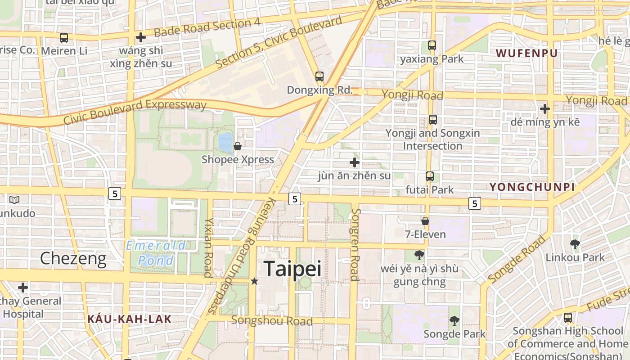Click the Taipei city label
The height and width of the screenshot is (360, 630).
tap(292, 269)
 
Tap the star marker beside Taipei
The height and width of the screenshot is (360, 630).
tap(254, 281)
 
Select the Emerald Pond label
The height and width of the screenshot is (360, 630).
tap(156, 253)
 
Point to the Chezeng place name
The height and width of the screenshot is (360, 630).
tap(73, 259)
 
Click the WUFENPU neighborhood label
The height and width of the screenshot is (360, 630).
tap(526, 53)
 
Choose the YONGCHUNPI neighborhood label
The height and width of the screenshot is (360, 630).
tap(532, 187)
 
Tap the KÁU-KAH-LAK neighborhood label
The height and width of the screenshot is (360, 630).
tap(129, 319)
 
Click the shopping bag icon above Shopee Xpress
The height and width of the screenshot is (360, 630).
tap(238, 146)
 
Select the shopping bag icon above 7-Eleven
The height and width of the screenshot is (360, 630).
tap(425, 221)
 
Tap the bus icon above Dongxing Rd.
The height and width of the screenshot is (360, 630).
tap(319, 76)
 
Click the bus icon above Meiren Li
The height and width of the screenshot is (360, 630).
tap(64, 38)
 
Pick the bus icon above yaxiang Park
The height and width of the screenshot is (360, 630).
tap(432, 45)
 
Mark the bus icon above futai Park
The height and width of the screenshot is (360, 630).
tap(430, 176)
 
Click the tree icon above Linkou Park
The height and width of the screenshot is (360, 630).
tap(575, 244)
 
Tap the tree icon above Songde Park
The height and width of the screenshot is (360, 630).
tap(454, 321)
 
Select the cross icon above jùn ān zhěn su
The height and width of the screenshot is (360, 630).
tap(355, 162)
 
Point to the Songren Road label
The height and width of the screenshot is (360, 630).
tap(355, 244)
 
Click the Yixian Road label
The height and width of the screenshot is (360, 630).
tap(208, 247)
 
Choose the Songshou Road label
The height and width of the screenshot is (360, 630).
tap(272, 321)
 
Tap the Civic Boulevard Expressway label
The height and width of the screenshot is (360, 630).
tap(135, 112)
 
